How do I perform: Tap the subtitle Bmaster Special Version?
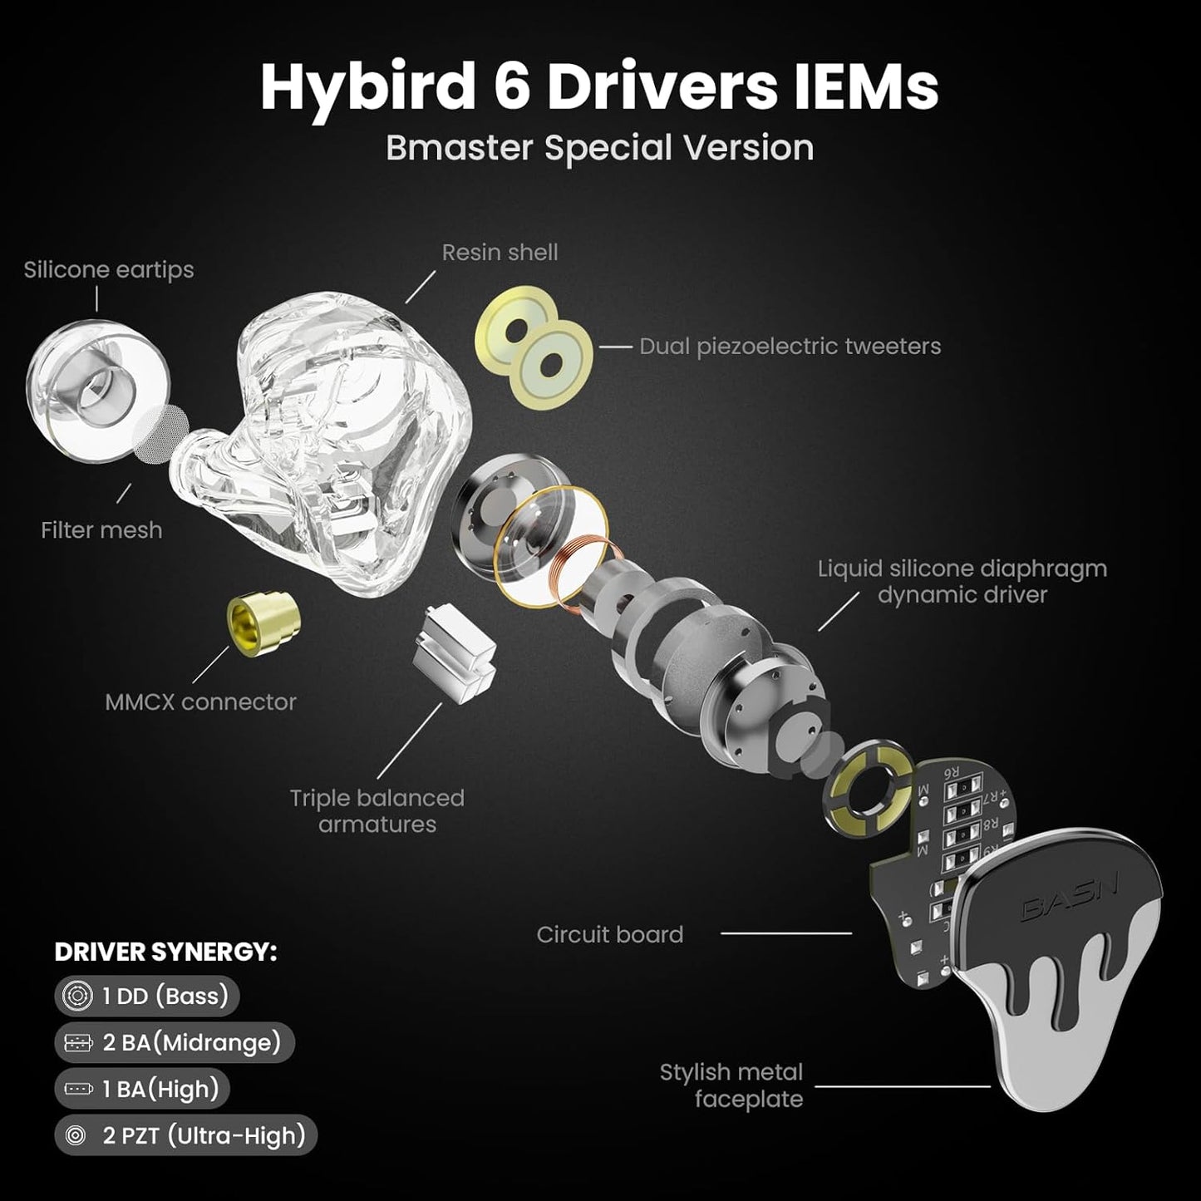[x=599, y=148]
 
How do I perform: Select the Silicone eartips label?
[x=109, y=269]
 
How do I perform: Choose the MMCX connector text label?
[x=200, y=701]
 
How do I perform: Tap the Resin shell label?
[x=500, y=252]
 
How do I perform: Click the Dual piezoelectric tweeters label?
[x=790, y=346]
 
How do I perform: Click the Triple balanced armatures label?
[x=377, y=810]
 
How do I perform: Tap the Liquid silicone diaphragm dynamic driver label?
[x=962, y=581]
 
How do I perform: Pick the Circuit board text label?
[x=609, y=934]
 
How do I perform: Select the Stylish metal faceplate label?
[x=731, y=1085]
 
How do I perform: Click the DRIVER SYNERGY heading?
[x=165, y=952]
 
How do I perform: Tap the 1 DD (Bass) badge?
[x=147, y=996]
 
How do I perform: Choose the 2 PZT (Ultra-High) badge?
[x=186, y=1135]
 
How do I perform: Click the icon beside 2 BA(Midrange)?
[x=77, y=1042]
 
